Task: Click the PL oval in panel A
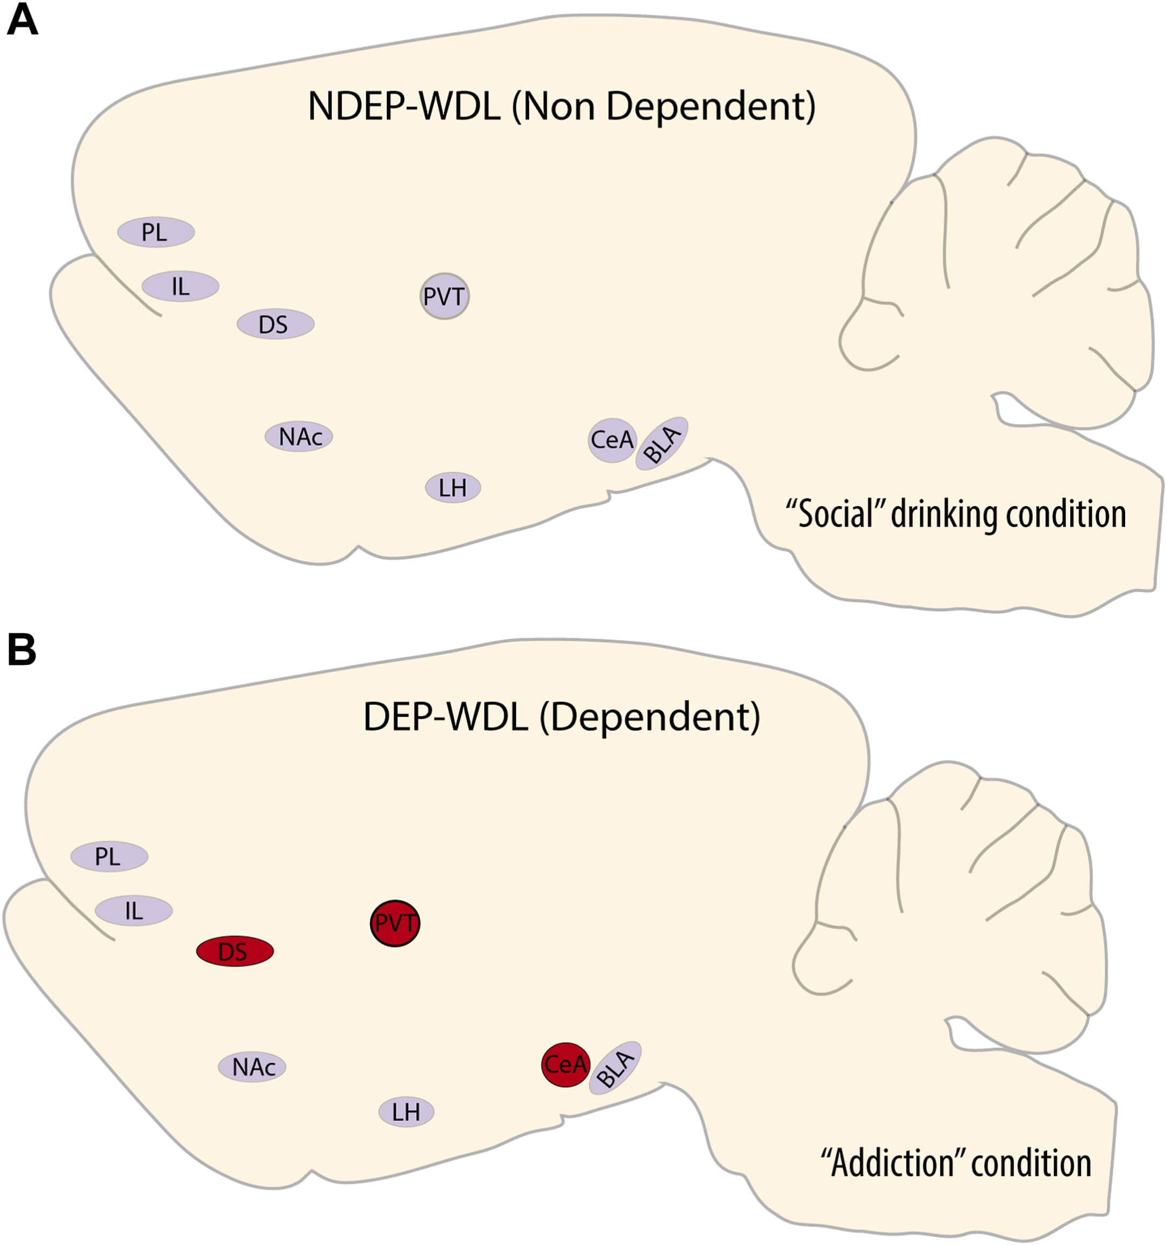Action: click(155, 232)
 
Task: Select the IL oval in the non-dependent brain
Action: click(180, 287)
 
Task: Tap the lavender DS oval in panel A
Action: click(275, 325)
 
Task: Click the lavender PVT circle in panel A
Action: click(444, 296)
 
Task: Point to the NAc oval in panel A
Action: click(299, 436)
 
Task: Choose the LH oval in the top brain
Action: click(453, 488)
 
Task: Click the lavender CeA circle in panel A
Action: click(612, 440)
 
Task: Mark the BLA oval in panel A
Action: click(662, 443)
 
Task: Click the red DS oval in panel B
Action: click(234, 952)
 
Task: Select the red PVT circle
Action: click(395, 923)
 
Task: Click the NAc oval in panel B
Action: click(252, 1066)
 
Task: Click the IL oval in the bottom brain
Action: click(134, 911)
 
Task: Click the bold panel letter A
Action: click(22, 22)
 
